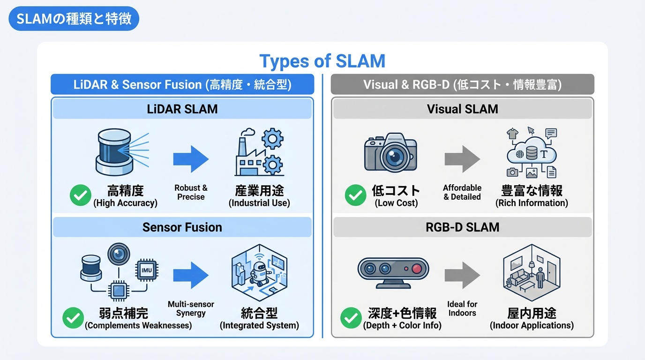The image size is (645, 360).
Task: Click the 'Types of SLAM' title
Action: point(322,61)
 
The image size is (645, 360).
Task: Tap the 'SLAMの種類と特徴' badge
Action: point(74,19)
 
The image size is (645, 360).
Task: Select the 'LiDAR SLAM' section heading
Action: point(182,109)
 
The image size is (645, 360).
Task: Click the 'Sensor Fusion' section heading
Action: point(182,227)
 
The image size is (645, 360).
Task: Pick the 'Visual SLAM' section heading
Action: point(462,109)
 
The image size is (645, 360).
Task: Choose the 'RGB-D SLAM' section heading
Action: point(462,227)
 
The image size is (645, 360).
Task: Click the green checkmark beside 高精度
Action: point(80,195)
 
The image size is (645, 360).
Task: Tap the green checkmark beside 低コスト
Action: point(355,195)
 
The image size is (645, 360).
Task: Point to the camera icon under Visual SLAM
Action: point(390,153)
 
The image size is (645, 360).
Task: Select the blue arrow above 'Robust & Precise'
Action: point(191,159)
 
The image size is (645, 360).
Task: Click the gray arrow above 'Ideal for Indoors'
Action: point(462,275)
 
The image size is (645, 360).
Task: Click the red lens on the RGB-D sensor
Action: point(416,269)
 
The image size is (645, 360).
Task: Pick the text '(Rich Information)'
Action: point(532,203)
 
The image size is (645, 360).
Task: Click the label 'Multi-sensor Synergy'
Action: point(191,308)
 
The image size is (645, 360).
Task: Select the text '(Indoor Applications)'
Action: point(532,325)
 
